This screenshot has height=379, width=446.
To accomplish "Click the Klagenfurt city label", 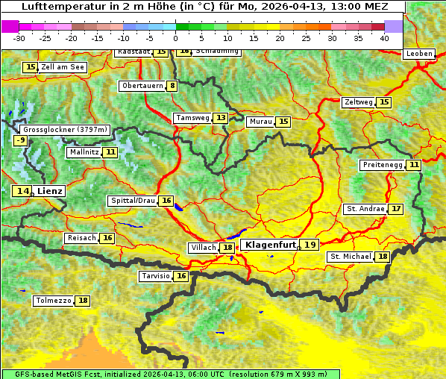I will pos(271,245).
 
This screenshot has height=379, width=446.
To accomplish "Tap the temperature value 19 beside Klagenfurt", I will pos(310,245).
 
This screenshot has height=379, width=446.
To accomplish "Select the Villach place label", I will pos(204,248).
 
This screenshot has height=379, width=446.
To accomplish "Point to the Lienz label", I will pos(50,191).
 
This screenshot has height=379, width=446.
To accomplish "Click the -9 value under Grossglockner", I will pos(21,140).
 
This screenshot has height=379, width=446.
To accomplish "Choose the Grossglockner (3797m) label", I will pos(66,129).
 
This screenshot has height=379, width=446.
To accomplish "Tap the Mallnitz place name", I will pos(84,152).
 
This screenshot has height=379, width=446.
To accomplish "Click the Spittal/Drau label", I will pos(133,201).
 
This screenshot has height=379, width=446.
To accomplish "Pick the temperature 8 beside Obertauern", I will pos(172,86).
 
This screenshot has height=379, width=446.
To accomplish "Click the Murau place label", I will pos(260,122).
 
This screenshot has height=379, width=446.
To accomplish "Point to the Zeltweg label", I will pos(358,102).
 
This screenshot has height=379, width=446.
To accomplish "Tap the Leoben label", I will pos(418,54).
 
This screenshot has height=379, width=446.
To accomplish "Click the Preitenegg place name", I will pos(382,165).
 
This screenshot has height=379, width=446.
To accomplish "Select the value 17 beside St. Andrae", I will pos(395,209).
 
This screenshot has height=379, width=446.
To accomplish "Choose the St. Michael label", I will pos(350,257).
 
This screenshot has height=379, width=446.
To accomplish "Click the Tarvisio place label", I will pos(156,276).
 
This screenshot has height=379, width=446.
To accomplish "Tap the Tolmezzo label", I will pos(54,301).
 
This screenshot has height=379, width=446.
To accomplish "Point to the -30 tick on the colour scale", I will pos(19,38).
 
